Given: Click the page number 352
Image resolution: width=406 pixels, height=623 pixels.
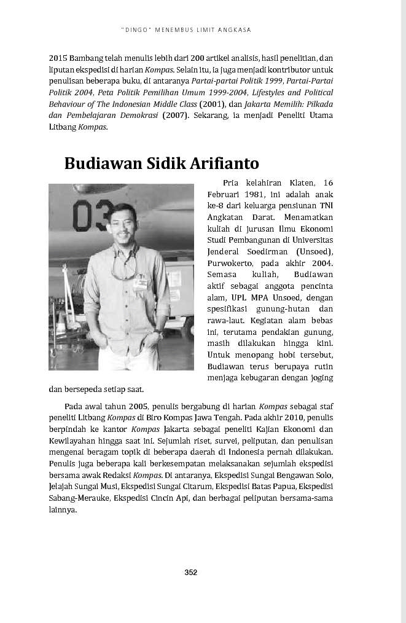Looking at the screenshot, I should pyautogui.click(x=190, y=573).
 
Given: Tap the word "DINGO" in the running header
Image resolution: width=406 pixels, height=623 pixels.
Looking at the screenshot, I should pyautogui.click(x=133, y=29).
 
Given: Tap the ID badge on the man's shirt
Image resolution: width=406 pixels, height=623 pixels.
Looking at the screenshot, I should pyautogui.click(x=140, y=283).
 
